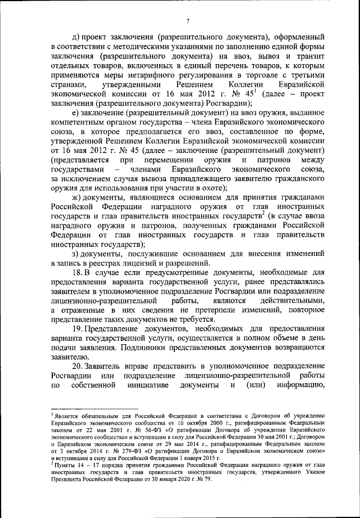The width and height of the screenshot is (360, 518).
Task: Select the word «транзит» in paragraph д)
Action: (x=309, y=57)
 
